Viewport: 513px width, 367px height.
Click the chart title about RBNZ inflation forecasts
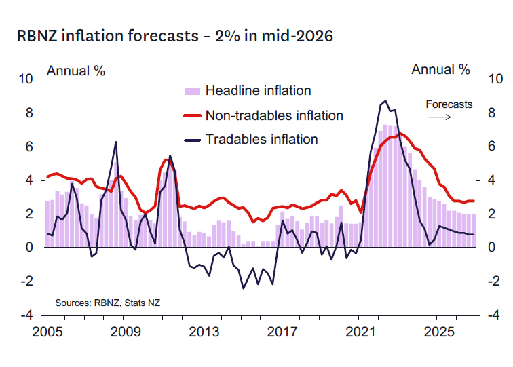175,36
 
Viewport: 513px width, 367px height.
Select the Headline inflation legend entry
258,91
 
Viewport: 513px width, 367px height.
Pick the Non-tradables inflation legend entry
274,115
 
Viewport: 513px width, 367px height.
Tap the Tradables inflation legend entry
261,140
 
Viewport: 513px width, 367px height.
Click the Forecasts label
449,104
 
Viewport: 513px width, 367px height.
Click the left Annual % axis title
76,70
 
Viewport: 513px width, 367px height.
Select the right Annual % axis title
441,69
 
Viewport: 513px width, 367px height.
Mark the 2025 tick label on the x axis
441,332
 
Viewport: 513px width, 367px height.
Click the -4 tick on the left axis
27,315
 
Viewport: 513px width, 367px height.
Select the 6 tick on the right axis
487,147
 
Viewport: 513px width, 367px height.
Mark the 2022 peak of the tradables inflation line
385,101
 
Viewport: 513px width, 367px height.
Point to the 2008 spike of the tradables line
115,142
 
